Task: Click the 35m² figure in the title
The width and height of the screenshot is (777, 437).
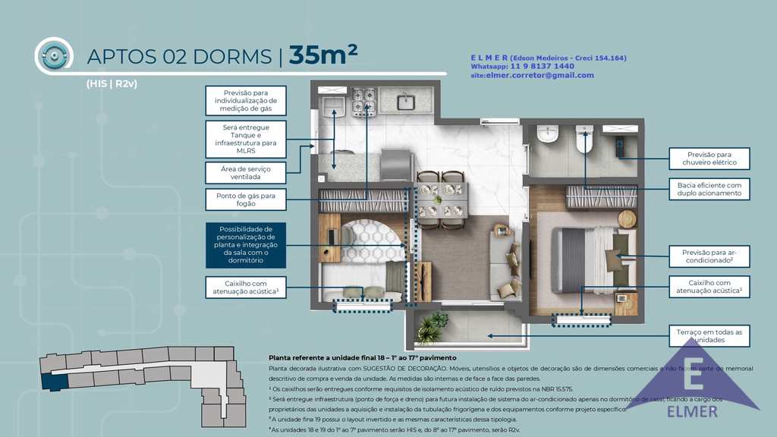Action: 322,55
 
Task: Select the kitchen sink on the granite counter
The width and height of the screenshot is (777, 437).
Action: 405,101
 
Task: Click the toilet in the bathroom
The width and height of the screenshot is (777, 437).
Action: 583,140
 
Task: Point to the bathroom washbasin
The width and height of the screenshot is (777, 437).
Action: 547,134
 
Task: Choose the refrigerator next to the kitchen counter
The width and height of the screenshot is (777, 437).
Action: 395,165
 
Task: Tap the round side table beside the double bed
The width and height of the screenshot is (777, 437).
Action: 627,218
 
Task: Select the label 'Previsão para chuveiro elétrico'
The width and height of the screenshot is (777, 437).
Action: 708,159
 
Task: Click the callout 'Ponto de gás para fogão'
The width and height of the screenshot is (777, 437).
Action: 245,200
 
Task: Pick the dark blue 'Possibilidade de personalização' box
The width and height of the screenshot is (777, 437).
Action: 245,244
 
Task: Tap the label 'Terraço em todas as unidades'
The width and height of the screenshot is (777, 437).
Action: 708,336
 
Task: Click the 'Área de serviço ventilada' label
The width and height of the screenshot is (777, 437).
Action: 245,172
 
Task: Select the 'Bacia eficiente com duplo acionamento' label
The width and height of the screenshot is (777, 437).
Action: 708,189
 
